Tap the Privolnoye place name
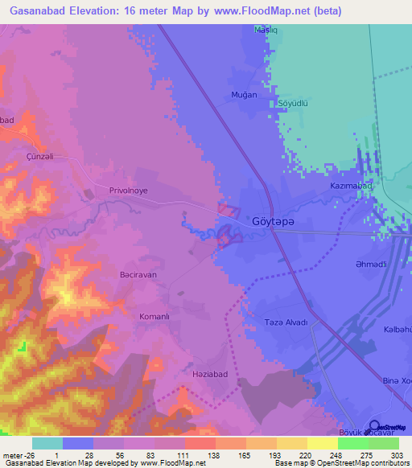coord(130,191)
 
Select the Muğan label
coord(244,95)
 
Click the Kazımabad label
coord(352,187)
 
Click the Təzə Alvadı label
coord(286,322)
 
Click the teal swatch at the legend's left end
coord(47,443)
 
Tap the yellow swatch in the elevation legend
coord(323,443)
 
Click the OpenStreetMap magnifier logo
coord(374,425)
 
